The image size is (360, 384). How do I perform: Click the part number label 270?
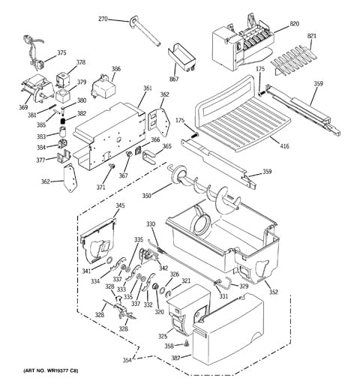pos(103,19)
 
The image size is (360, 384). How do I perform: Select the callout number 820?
pos(294,24)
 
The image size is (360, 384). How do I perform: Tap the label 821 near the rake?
pos(312,36)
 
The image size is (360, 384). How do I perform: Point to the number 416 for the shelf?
pos(284,145)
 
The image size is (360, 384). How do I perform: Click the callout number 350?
pos(147,196)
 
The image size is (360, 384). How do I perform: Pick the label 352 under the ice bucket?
pos(274,292)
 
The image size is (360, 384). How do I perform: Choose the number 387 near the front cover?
pos(176,358)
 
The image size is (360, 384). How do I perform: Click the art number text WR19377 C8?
pos(61,370)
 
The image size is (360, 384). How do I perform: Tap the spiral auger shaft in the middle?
pos(205,189)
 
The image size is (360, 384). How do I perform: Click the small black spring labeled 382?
pos(63,121)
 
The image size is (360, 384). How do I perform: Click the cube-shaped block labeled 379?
pos(63,95)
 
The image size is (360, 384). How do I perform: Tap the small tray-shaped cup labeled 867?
pos(182,57)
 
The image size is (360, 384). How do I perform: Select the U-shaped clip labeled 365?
pos(149,156)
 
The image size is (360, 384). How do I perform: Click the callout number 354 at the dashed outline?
pos(127,360)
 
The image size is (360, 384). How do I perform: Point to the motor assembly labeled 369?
pos(37,88)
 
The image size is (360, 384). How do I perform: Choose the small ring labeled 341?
pos(109,260)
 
